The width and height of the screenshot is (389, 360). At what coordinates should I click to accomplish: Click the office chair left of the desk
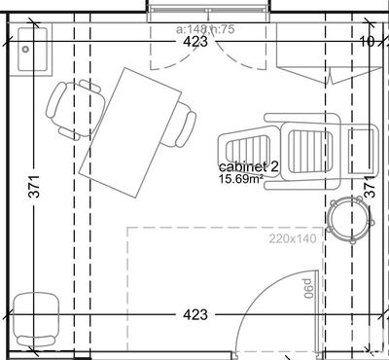pos(74,108)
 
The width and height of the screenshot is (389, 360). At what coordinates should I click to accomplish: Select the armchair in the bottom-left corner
pos(37,317)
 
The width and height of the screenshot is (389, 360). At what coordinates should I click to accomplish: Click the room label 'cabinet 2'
pos(249,167)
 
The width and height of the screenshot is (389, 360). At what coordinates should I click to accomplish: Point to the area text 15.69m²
pos(240,180)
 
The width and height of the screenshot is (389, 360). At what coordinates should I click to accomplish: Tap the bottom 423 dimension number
pos(195,315)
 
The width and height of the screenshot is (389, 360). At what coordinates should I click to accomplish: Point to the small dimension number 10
pos(367,42)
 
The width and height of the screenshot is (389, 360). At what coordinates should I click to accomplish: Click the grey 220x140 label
pos(293,237)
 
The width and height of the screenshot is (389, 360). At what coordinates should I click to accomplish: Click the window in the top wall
pos(206,8)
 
